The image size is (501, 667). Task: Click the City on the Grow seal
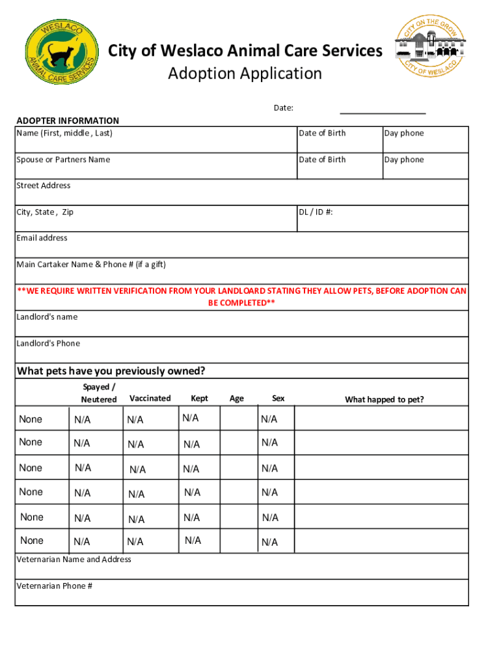pos(430,48)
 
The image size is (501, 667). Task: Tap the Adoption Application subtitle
pos(245,74)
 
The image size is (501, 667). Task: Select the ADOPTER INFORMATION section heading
pos(68,121)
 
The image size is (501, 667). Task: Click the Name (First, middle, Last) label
pos(64,134)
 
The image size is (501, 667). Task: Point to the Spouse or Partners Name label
pos(63,160)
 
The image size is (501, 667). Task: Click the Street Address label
pos(44,186)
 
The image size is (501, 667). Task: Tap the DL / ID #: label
pos(316,212)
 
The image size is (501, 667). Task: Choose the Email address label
pos(42,238)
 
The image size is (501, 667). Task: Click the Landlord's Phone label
pos(48,343)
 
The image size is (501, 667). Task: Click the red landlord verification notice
pos(241,297)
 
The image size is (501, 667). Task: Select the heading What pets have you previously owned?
pos(111,371)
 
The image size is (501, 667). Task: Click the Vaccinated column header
pos(150,398)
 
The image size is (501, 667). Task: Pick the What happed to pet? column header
pos(384,399)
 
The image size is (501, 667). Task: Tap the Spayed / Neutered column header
pos(99,393)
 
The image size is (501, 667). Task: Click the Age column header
pos(237,398)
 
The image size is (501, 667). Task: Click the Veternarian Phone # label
pos(55,586)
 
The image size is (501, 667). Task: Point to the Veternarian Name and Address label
pos(74,560)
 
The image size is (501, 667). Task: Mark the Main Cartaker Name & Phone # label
pos(91,264)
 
